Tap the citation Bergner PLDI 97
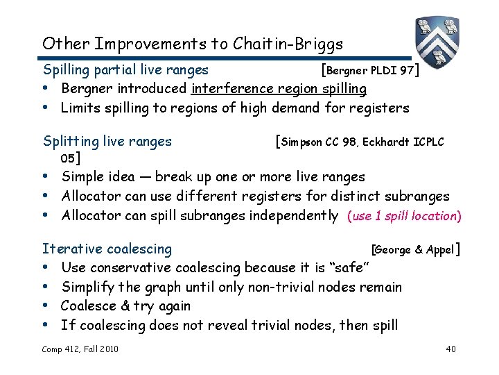[x=370, y=70]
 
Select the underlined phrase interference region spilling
[x=279, y=89]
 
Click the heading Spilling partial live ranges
[x=125, y=69]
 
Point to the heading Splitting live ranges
[x=107, y=142]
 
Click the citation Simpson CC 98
[x=319, y=142]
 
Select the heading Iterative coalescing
[x=107, y=249]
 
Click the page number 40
[x=450, y=349]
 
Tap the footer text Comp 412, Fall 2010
[x=80, y=349]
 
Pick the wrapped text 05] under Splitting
[x=69, y=158]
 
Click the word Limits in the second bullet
[x=79, y=108]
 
